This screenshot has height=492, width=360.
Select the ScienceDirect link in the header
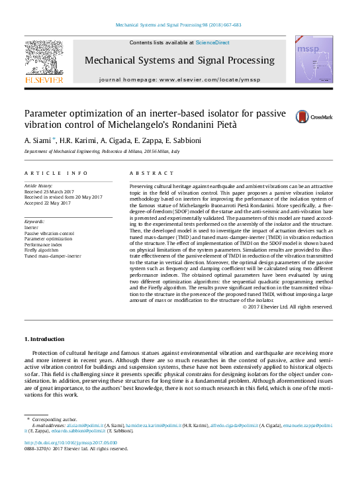[212, 42]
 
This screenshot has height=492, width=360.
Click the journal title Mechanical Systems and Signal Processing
[179, 61]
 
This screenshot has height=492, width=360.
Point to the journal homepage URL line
[179, 79]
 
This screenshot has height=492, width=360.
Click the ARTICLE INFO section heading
[56, 173]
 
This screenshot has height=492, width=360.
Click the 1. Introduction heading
[47, 340]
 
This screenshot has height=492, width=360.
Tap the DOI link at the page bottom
[70, 442]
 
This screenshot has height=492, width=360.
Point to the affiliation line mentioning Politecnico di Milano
[102, 152]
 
